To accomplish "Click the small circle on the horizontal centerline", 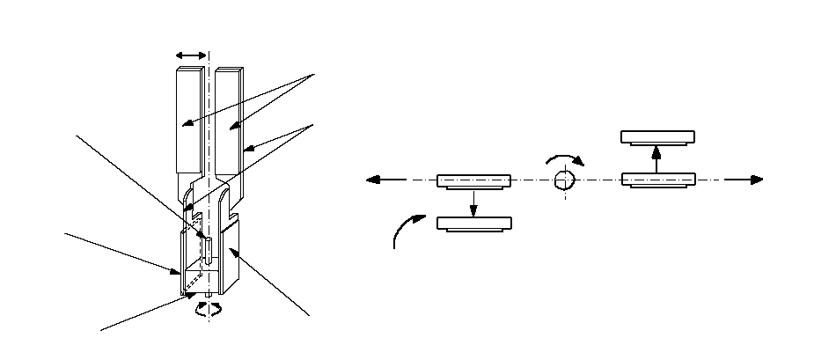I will [564, 180].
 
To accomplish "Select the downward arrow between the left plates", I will [473, 202].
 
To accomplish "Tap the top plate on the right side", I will [657, 136].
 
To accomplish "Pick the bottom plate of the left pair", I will [473, 224].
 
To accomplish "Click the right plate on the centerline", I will [657, 180].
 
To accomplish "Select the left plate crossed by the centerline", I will [473, 180].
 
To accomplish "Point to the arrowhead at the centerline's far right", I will [756, 180].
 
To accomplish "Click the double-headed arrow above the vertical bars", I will [191, 55].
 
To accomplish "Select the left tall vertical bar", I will [190, 119].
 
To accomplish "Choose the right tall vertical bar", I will [228, 119].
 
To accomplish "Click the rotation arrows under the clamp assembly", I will [209, 308].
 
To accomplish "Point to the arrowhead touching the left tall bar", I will [186, 127].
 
